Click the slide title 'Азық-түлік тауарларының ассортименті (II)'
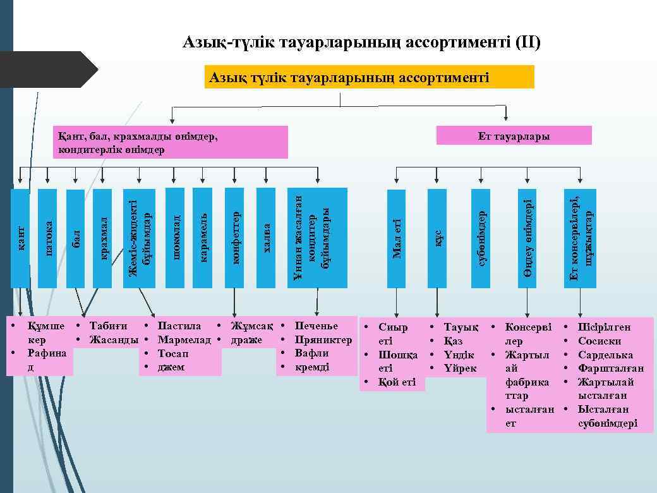coord(361,43)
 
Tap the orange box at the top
coord(370,77)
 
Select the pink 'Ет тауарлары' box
coord(514,136)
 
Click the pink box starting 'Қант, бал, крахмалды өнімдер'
coord(171,142)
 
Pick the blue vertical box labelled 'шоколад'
coord(175,238)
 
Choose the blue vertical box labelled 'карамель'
coord(202,238)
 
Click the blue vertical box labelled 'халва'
coord(266,238)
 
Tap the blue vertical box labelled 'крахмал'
coord(102,238)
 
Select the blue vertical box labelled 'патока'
coord(47,238)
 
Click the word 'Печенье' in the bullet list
coord(316,326)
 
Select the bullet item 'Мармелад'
coord(184,340)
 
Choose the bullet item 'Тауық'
coord(461,327)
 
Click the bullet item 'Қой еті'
coord(397,382)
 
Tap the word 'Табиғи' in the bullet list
coord(108,326)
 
